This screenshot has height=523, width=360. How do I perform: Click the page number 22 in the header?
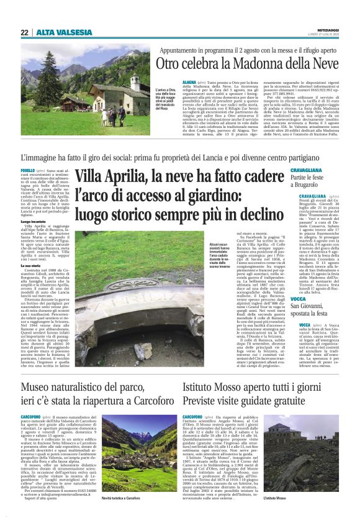point(24,32)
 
